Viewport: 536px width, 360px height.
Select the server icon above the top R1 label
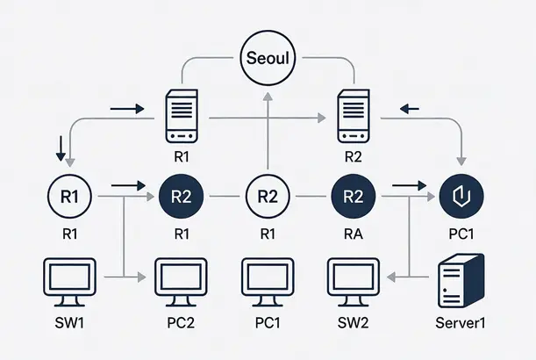(182, 119)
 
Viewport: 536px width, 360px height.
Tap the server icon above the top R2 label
(354, 119)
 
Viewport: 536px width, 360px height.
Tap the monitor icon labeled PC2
(182, 280)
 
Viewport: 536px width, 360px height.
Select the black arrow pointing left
(409, 109)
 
